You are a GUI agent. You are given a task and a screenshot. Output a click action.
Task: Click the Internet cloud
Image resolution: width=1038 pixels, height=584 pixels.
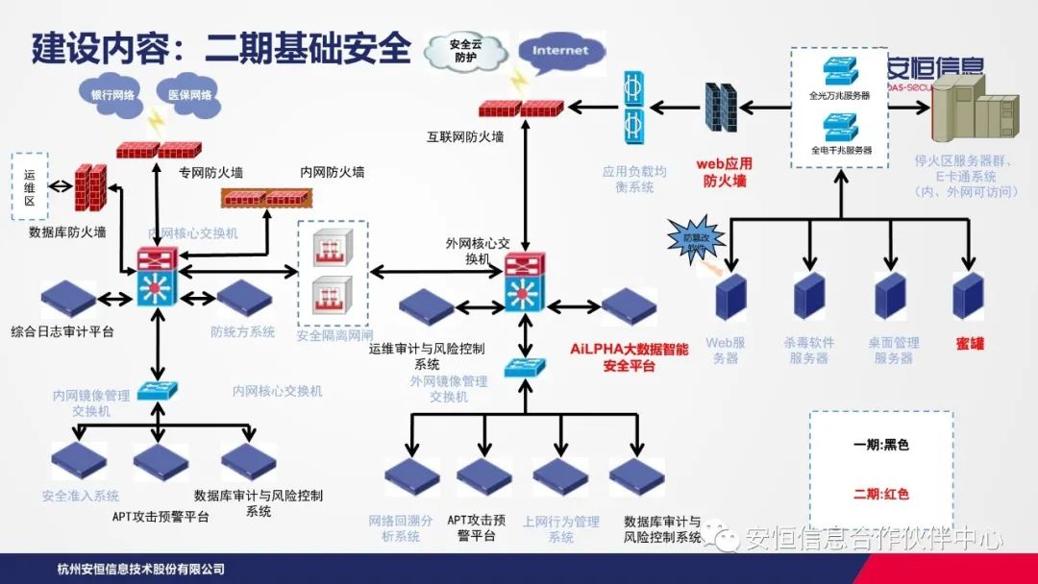tap(559, 50)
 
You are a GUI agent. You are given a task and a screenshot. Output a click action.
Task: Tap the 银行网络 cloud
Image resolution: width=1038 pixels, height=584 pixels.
tap(112, 95)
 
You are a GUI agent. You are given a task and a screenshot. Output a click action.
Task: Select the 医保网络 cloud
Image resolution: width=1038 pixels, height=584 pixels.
tap(189, 95)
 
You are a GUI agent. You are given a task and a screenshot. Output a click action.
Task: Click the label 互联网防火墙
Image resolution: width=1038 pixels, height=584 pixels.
tap(465, 137)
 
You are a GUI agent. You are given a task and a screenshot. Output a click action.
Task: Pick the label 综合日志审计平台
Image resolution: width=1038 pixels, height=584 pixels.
tap(62, 331)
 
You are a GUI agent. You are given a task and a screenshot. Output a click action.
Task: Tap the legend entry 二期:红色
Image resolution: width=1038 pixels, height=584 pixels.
tap(880, 494)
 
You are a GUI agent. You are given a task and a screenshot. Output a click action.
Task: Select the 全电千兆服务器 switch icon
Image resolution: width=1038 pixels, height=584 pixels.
tap(839, 127)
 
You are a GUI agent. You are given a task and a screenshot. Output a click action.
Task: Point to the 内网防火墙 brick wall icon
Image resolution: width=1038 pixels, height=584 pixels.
tap(266, 198)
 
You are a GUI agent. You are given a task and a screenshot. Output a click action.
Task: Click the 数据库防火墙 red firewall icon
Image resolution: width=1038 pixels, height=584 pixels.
tap(90, 188)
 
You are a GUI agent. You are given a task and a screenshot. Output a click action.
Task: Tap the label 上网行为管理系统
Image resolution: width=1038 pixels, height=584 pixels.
tap(560, 529)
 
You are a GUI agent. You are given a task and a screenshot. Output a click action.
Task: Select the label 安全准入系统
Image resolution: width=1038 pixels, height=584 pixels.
tap(81, 497)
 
